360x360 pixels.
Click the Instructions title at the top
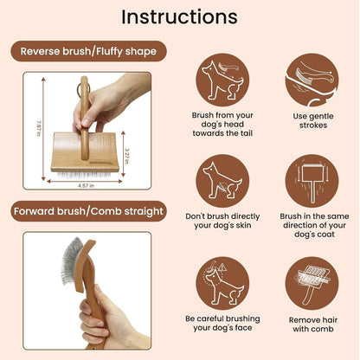(x=179, y=17)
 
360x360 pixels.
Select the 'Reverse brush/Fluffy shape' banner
(x=89, y=51)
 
